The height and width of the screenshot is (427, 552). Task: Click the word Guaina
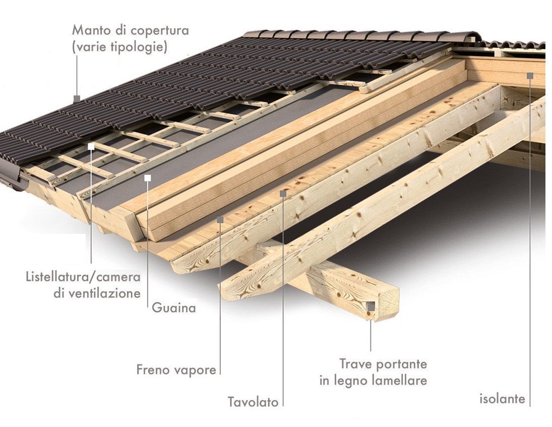pyautogui.click(x=174, y=308)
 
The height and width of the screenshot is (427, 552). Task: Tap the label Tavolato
pyautogui.click(x=253, y=402)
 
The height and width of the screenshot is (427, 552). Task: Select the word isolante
pyautogui.click(x=503, y=399)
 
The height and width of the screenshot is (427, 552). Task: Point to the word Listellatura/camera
pyautogui.click(x=84, y=277)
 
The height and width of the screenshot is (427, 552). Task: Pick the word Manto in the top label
pyautogui.click(x=91, y=30)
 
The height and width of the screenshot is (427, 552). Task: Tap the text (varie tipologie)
pyautogui.click(x=119, y=47)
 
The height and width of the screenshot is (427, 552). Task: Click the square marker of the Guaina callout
pyautogui.click(x=148, y=178)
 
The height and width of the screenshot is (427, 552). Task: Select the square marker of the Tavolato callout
pyautogui.click(x=283, y=193)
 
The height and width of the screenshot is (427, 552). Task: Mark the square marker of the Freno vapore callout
pyautogui.click(x=220, y=220)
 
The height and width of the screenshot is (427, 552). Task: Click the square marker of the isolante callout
pyautogui.click(x=530, y=75)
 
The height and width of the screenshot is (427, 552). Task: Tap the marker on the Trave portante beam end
pyautogui.click(x=371, y=307)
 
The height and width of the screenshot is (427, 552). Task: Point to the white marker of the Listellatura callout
pyautogui.click(x=91, y=147)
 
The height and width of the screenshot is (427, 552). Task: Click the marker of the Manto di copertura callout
pyautogui.click(x=77, y=99)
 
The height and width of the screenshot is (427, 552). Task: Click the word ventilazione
pyautogui.click(x=97, y=293)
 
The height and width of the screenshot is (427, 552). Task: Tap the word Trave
pyautogui.click(x=352, y=363)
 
